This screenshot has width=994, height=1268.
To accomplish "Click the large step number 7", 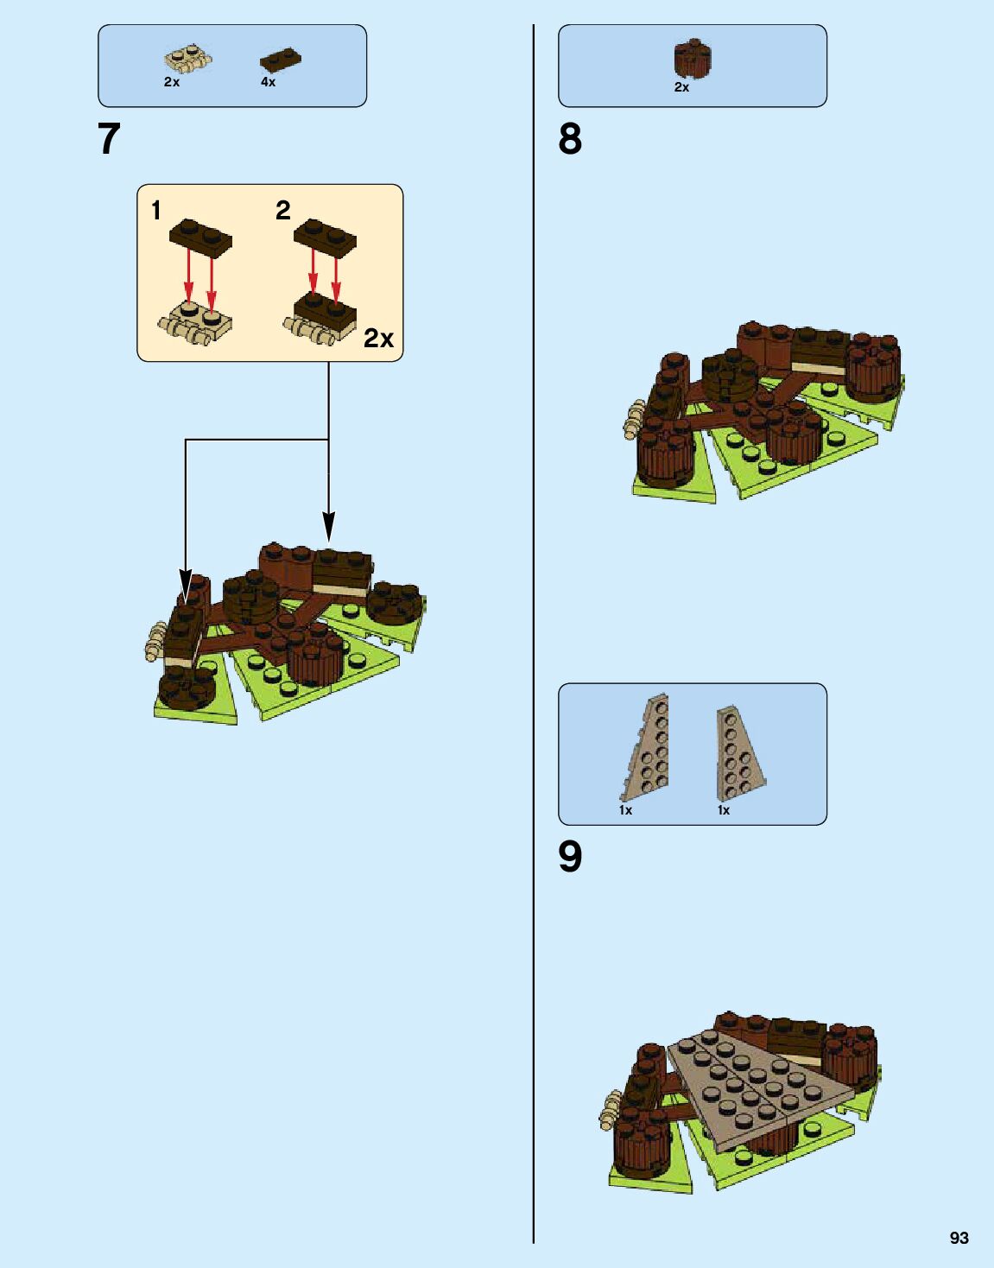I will (x=109, y=139).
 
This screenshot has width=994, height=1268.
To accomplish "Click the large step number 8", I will (x=570, y=139).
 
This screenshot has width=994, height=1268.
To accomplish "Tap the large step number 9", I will (x=570, y=857).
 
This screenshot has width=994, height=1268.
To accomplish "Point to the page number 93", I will (x=959, y=1238).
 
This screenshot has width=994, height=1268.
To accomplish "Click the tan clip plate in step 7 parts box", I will (x=188, y=59).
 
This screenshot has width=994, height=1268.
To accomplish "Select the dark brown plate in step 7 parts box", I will (x=281, y=60).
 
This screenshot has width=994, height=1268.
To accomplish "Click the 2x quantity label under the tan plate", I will (x=172, y=82).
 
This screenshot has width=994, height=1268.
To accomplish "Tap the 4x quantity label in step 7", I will (x=269, y=82).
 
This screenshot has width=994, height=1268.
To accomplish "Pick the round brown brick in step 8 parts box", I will (x=692, y=58).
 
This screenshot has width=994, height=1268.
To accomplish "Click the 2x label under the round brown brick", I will (x=681, y=87).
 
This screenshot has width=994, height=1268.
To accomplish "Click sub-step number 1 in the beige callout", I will (x=156, y=210).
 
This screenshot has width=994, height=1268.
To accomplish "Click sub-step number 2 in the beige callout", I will (x=283, y=210).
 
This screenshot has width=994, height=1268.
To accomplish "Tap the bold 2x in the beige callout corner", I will (x=378, y=338).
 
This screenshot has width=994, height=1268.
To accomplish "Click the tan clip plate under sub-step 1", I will (x=195, y=321).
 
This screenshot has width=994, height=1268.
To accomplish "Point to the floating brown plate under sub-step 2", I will (x=326, y=236).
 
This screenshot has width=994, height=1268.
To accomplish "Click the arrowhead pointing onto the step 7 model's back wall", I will (x=328, y=529).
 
